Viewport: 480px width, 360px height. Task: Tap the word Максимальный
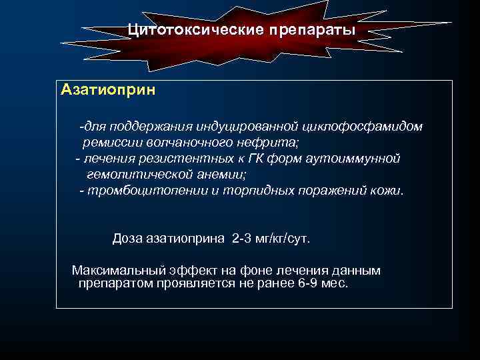117,271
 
